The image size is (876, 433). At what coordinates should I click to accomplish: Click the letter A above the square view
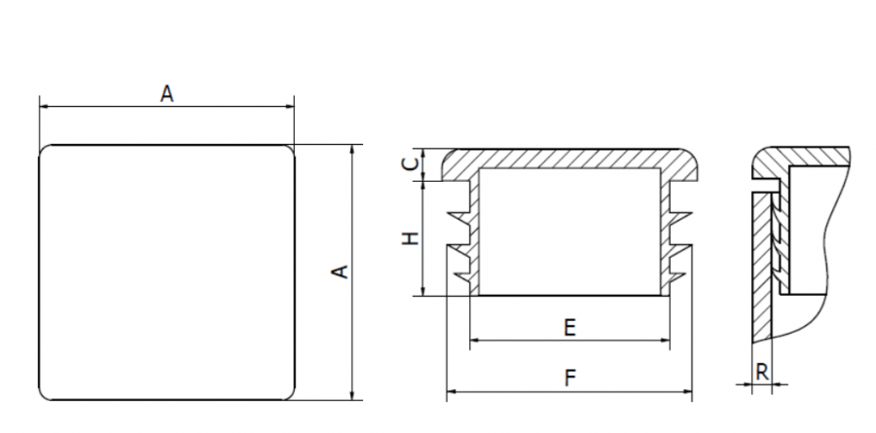[x=166, y=93]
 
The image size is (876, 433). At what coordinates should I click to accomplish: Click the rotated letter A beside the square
[x=340, y=271]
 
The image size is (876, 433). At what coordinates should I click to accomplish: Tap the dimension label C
[x=411, y=163]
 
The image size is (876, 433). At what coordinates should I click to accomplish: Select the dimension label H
[x=411, y=238]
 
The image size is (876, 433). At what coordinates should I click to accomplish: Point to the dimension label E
[x=569, y=327]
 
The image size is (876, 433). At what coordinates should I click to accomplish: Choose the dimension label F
[x=569, y=379]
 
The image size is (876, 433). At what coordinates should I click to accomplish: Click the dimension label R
[x=762, y=372]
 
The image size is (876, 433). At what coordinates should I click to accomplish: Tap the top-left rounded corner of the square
[x=45, y=151]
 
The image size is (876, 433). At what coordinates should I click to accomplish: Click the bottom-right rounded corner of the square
[x=289, y=394]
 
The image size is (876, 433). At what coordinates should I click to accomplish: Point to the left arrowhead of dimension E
[x=474, y=340]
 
